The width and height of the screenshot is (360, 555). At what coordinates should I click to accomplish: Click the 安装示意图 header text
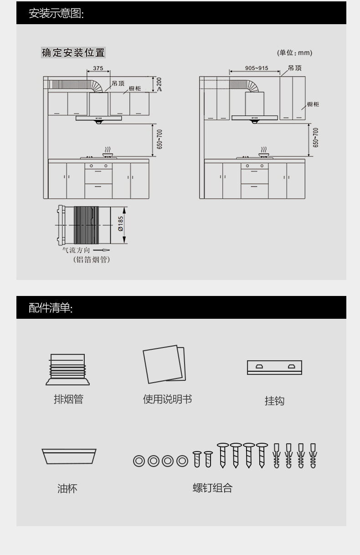point(56,13)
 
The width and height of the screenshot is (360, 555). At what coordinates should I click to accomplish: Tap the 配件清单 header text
point(51,308)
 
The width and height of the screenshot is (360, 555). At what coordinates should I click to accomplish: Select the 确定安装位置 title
point(73,53)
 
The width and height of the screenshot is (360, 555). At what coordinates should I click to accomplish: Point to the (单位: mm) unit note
point(295,53)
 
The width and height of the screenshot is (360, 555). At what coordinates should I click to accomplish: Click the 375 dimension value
point(98,68)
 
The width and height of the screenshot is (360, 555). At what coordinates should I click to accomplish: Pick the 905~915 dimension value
point(257,68)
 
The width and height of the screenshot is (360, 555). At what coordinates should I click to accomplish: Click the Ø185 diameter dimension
point(121,223)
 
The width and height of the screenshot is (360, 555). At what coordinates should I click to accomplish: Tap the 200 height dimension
point(159,83)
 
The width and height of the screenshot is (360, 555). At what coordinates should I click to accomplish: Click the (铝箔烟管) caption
point(92,260)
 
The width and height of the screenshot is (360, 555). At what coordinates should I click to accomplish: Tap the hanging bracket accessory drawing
point(274,367)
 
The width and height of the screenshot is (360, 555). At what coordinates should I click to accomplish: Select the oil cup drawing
point(69,456)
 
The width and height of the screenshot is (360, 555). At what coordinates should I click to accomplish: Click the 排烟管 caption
point(68,399)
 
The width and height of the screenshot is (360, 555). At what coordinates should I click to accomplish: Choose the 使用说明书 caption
point(167,399)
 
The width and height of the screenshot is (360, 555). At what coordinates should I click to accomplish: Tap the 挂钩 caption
point(274,401)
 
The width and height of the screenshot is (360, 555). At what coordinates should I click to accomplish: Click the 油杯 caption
point(67,488)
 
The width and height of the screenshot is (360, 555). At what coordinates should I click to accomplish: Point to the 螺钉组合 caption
point(212,488)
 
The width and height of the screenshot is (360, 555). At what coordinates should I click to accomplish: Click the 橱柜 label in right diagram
point(313,104)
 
